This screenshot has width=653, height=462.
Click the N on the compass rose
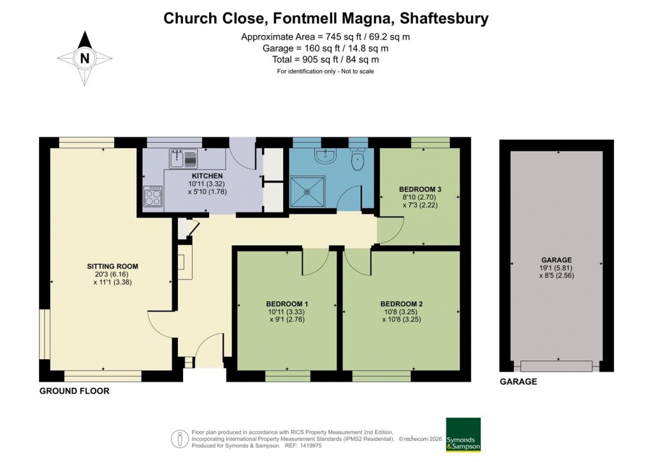85,58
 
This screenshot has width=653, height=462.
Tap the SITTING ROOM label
112,266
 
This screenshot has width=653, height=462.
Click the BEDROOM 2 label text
402,304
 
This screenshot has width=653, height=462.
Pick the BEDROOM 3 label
420,189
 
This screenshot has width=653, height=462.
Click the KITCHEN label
208,175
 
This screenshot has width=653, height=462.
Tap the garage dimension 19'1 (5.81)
556,269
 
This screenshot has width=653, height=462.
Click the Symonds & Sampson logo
463,435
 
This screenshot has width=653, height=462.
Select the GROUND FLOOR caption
75,391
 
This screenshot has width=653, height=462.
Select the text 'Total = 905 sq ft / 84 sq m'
325,59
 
